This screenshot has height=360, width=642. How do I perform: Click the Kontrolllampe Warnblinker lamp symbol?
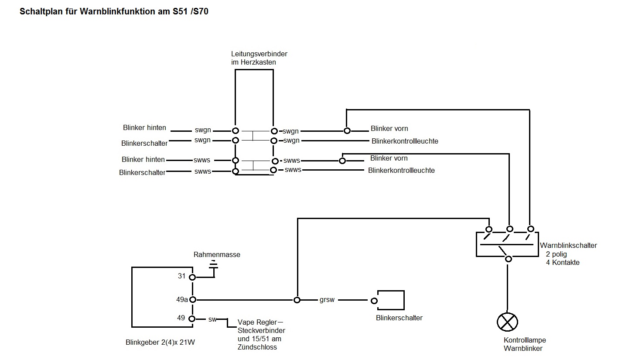507,322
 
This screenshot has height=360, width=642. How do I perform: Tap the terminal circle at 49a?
192,300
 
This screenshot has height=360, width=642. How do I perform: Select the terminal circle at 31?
192,277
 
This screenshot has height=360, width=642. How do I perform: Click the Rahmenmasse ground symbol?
214,264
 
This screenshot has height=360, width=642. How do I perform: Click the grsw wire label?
327,300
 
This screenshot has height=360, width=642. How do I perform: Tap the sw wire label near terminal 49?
212,319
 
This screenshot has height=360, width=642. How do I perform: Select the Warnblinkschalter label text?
568,245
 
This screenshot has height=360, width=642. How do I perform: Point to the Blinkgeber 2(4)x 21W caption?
160,343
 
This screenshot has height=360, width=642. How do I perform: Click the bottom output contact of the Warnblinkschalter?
508,259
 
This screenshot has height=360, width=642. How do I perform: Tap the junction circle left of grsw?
297,300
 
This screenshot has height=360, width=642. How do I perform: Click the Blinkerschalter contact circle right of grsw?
374,301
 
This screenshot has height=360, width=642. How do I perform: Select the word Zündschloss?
257,347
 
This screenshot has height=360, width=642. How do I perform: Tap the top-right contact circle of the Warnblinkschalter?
530,229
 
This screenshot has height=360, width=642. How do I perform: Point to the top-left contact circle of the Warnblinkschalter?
489,230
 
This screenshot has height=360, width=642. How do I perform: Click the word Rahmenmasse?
217,254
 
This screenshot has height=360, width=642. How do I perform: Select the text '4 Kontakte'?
563,262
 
